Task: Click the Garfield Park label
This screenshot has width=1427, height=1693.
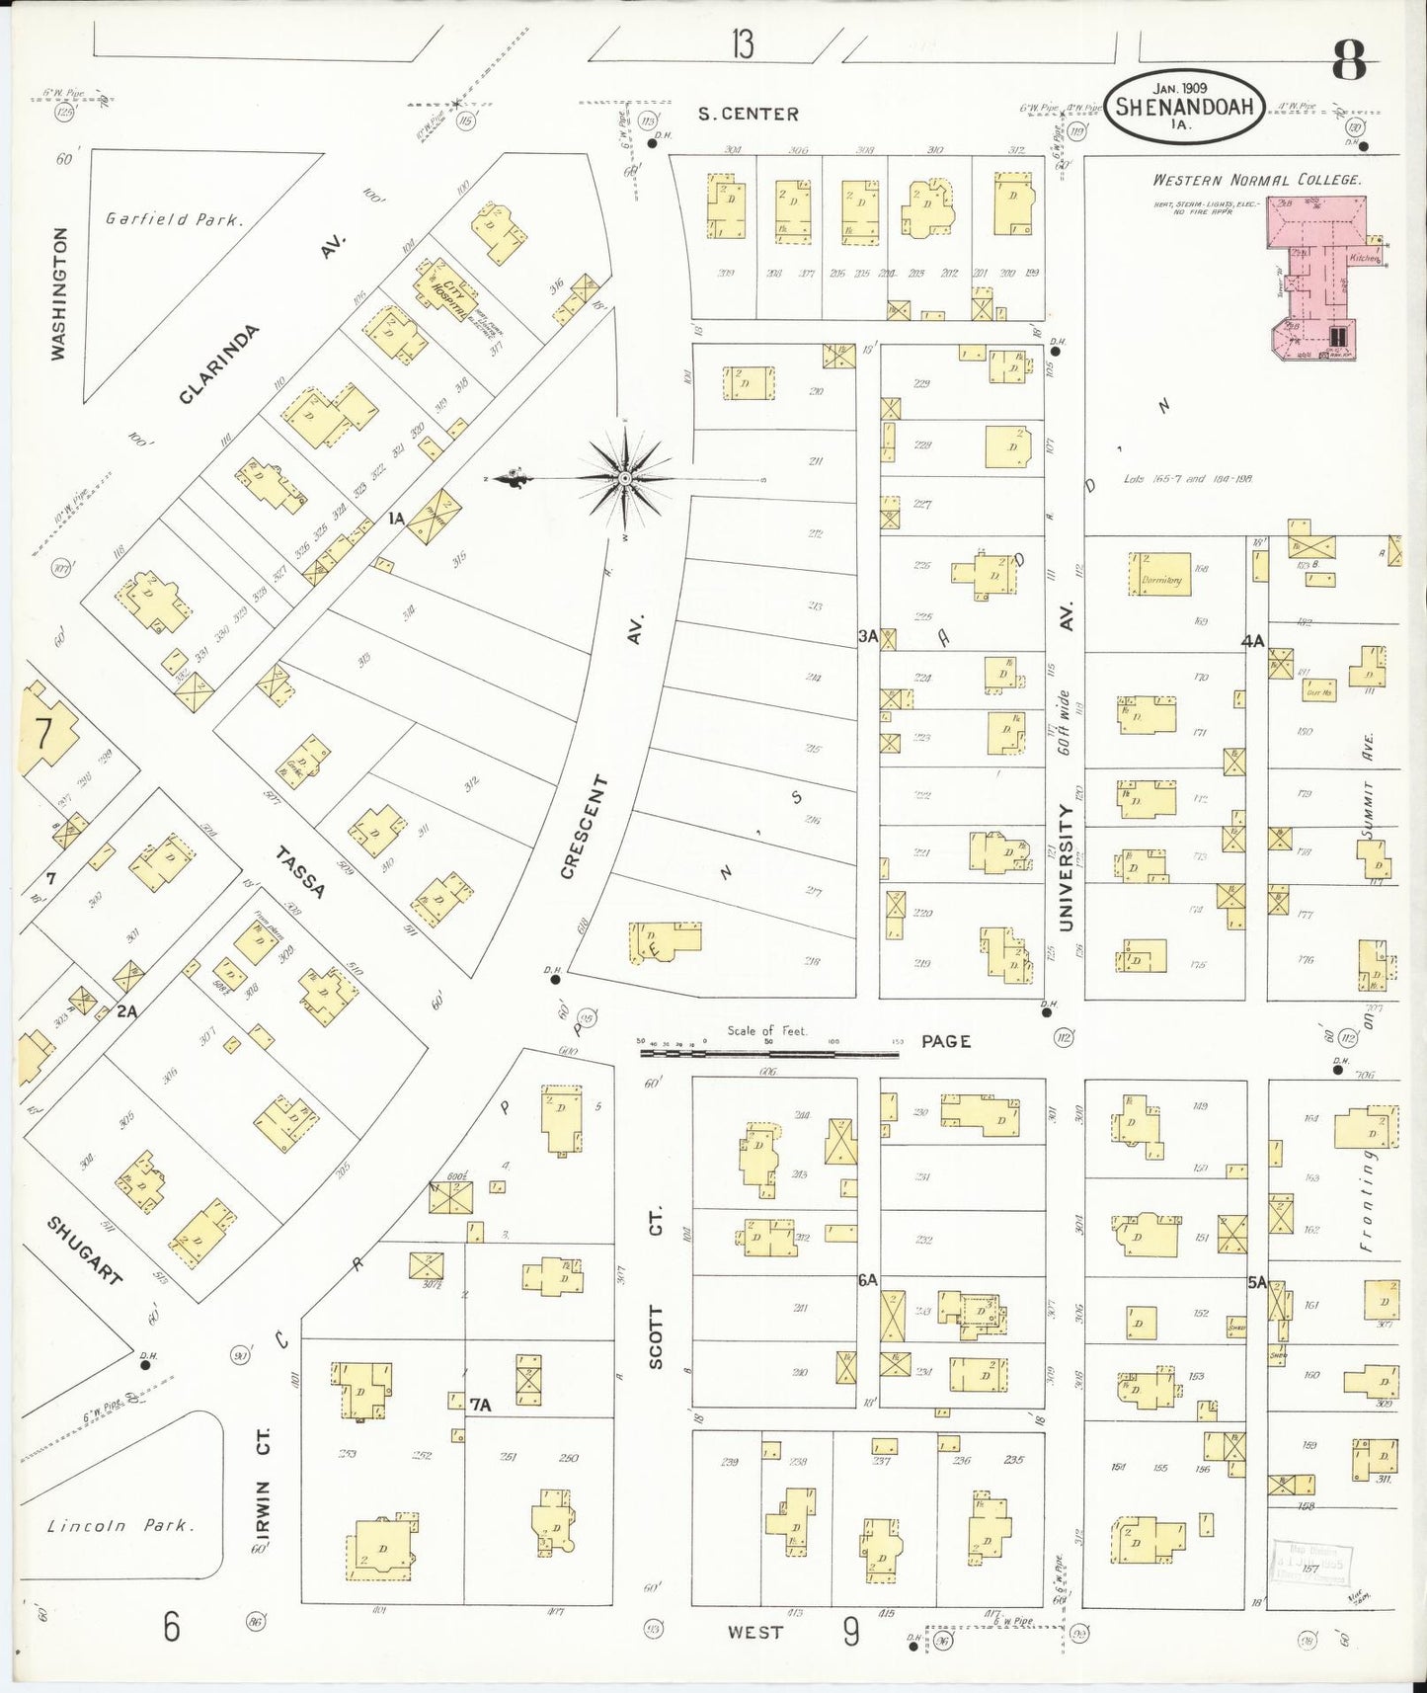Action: click(x=173, y=219)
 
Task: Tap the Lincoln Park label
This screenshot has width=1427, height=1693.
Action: click(x=120, y=1525)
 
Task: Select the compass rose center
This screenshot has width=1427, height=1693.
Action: click(x=625, y=479)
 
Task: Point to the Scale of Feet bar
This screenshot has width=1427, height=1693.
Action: click(x=768, y=1054)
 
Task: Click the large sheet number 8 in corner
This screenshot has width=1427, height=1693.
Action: click(x=1349, y=64)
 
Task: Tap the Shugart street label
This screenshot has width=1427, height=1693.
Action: click(x=86, y=1250)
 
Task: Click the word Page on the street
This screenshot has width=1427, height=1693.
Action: click(x=945, y=1041)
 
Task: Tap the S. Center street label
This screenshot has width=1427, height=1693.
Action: click(x=748, y=114)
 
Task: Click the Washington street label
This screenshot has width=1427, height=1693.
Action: click(x=60, y=293)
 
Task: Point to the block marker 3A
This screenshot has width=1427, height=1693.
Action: click(x=867, y=638)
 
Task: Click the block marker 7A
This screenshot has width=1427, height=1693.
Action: click(x=481, y=1404)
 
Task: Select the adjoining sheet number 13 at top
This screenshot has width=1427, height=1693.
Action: click(x=743, y=44)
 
